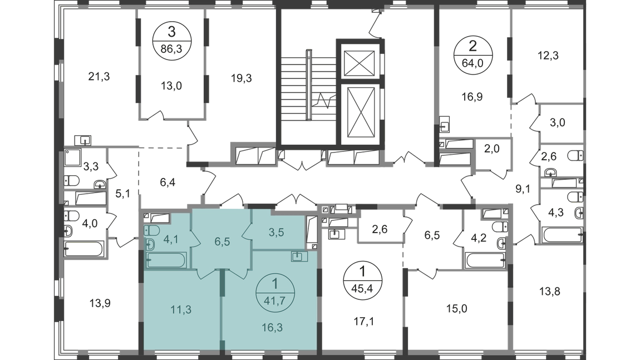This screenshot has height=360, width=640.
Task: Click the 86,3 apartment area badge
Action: pyautogui.click(x=172, y=41)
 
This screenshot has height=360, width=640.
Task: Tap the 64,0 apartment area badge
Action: pyautogui.click(x=472, y=55)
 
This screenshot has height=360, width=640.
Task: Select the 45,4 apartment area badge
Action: pyautogui.click(x=362, y=280)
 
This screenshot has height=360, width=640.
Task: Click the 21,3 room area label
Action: pyautogui.click(x=99, y=76)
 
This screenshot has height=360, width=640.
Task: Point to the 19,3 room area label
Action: pyautogui.click(x=241, y=78)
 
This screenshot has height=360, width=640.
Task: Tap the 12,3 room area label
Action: pyautogui.click(x=548, y=56)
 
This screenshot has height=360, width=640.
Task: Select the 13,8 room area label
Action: pyautogui.click(x=549, y=292)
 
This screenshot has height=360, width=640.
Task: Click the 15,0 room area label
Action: pyautogui.click(x=457, y=309)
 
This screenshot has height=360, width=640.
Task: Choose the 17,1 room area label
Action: pyautogui.click(x=363, y=322)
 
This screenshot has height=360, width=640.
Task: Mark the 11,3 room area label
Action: pyautogui.click(x=181, y=310)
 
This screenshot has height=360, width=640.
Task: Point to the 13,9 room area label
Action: pyautogui.click(x=100, y=303)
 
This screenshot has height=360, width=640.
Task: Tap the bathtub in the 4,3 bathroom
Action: pyautogui.click(x=562, y=235)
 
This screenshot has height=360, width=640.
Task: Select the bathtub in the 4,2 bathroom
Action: pyautogui.click(x=485, y=260)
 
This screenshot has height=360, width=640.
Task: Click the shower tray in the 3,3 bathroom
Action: pyautogui.click(x=73, y=157)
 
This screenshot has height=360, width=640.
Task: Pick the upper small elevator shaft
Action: pyautogui.click(x=359, y=63)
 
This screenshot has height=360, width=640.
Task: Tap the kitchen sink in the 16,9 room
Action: pyautogui.click(x=445, y=125)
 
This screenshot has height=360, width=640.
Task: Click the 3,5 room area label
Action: pyautogui.click(x=277, y=232)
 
